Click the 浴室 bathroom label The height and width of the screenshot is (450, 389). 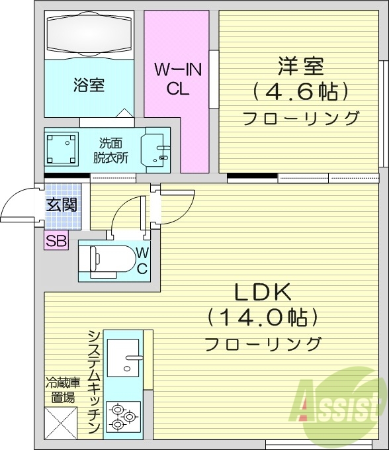coord(89,85)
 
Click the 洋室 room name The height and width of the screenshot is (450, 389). coord(300,67)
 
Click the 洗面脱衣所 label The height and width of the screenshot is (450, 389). coord(110,151)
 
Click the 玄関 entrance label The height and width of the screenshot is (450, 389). coord(60,204)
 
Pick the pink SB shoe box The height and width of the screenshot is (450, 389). coord(56,241)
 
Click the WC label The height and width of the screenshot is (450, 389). coord(142,260)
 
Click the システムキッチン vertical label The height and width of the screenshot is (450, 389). coord(94,382)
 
